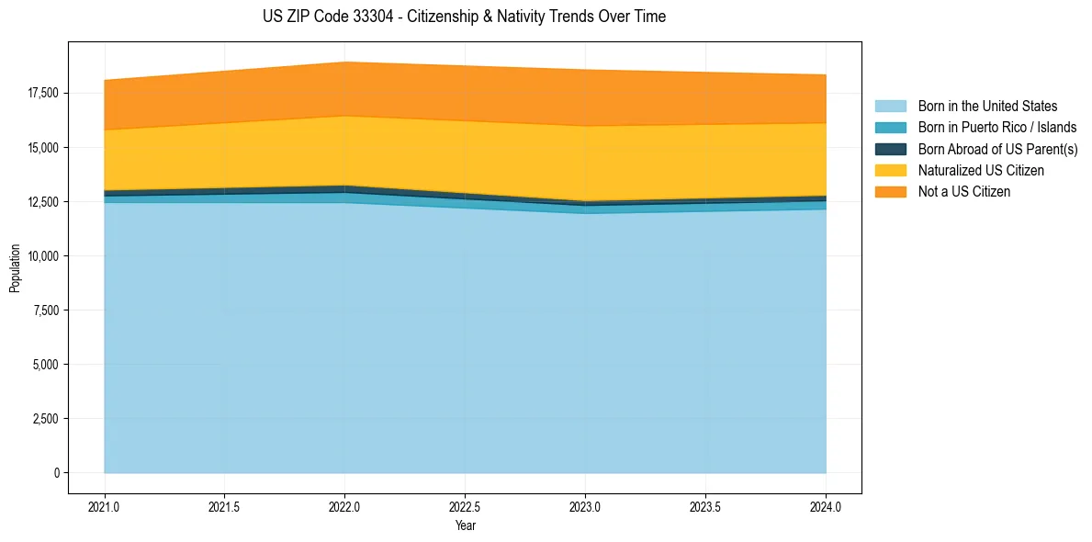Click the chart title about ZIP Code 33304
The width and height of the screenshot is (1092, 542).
coord(464,17)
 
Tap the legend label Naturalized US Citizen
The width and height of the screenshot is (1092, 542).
coord(981,171)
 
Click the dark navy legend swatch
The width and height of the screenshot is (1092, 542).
coord(890,149)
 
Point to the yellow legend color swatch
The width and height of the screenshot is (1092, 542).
coord(890,171)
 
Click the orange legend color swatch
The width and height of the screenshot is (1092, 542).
coord(890,192)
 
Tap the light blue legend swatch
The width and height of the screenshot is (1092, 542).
coord(890,107)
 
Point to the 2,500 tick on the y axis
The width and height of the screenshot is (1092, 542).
coord(44,419)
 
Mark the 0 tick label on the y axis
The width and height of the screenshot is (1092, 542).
coord(55,473)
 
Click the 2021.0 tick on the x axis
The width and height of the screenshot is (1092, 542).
coord(104,506)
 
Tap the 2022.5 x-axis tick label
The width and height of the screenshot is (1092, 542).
coord(465,506)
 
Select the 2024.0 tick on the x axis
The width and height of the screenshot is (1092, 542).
coord(826,506)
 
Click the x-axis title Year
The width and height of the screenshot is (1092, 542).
coord(465,526)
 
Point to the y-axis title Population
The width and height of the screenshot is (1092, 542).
coord(15,268)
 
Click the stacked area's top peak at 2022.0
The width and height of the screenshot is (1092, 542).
coord(344,62)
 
